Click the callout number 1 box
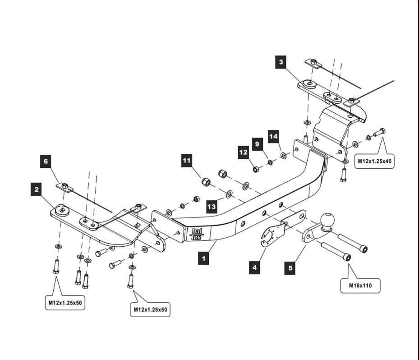point(203,258)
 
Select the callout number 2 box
point(37,189)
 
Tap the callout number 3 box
point(281,62)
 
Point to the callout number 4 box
point(254,268)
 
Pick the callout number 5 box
point(290,268)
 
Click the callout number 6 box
point(46,161)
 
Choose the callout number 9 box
point(258,144)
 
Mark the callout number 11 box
point(187,160)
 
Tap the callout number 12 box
point(244,152)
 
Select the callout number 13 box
point(212,207)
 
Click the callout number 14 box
point(273,137)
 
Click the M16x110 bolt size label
point(360,286)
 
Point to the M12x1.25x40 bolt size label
point(374,161)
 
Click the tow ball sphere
point(327,220)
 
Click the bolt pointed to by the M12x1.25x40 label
point(379,132)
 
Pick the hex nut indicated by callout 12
point(256,169)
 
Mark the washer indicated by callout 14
point(283,155)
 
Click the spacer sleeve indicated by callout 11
point(206,182)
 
